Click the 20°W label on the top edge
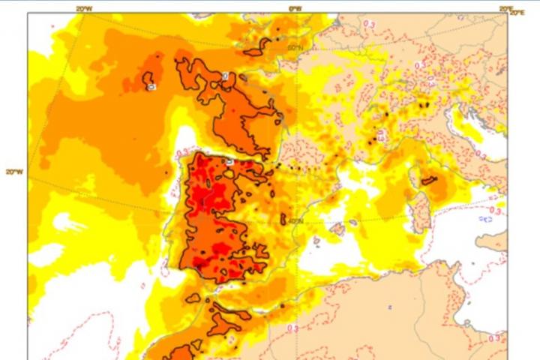pyautogui.click(x=85, y=8)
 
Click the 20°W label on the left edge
pyautogui.click(x=13, y=171)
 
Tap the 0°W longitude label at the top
pyautogui.click(x=295, y=8)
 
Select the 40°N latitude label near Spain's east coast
pyautogui.click(x=295, y=220)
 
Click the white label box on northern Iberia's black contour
pyautogui.click(x=229, y=162)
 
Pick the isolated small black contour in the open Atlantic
pyautogui.click(x=150, y=81)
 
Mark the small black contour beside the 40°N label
pyautogui.click(x=284, y=219)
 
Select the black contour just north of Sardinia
pyautogui.click(x=429, y=180)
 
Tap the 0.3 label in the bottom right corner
pyautogui.click(x=494, y=339)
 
